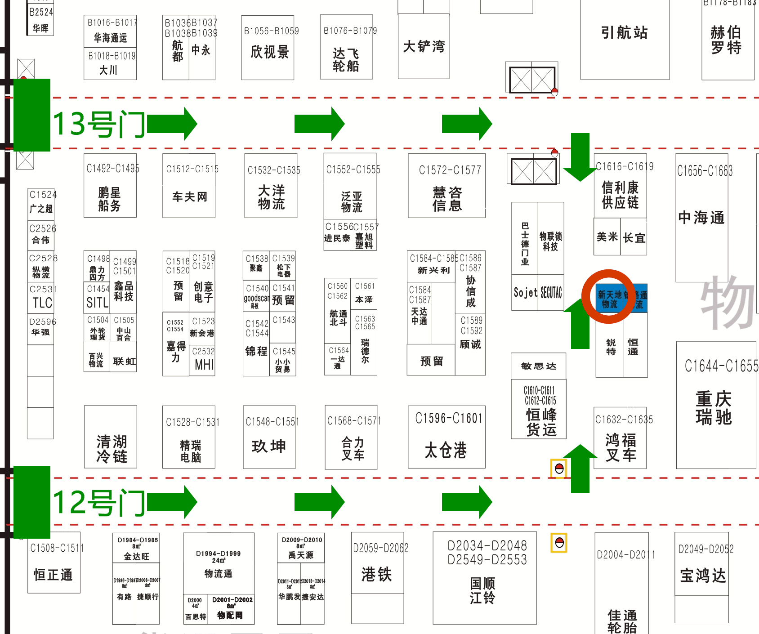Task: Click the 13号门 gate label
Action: click(x=99, y=124)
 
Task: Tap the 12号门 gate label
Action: click(x=99, y=502)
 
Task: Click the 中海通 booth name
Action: click(x=701, y=218)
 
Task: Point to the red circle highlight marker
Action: click(x=608, y=296)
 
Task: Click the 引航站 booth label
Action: click(x=625, y=33)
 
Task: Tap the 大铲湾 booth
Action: click(x=424, y=46)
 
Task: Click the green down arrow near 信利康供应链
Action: click(x=580, y=157)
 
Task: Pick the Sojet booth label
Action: click(x=525, y=293)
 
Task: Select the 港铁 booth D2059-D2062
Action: click(x=377, y=574)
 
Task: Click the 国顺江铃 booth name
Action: click(x=483, y=590)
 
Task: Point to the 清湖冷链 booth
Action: click(x=111, y=448)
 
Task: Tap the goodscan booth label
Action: click(x=256, y=299)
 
